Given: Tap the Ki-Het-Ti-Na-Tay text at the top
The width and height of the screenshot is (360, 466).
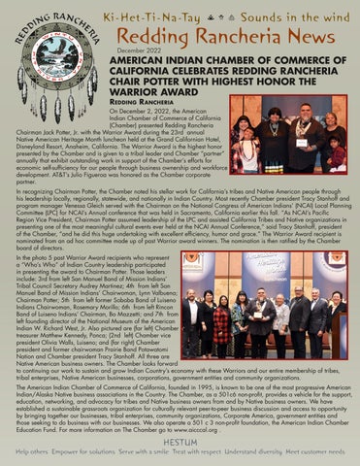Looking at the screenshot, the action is point(156,11).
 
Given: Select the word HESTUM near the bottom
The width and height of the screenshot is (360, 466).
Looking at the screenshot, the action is point(180,442).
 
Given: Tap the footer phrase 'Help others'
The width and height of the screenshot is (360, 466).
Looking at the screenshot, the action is point(31,452).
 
